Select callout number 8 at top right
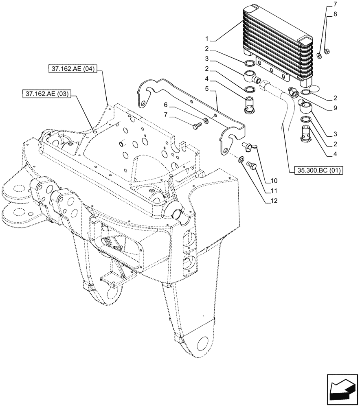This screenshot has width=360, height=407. pyautogui.click(x=335, y=14)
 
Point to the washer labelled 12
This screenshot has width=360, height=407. pyautogui.click(x=241, y=160)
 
